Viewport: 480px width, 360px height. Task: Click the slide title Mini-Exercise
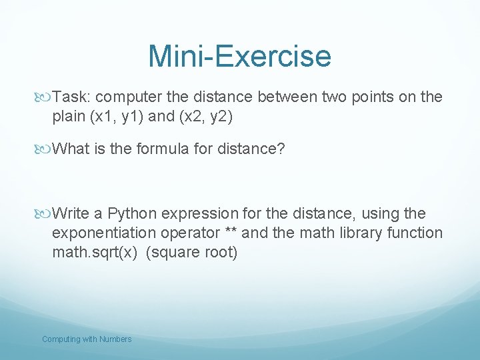click(239, 56)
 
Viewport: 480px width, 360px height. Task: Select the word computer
click(126, 97)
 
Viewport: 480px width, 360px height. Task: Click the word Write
click(71, 214)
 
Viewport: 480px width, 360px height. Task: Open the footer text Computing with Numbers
click(87, 339)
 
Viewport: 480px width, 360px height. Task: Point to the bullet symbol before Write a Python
click(46, 214)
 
